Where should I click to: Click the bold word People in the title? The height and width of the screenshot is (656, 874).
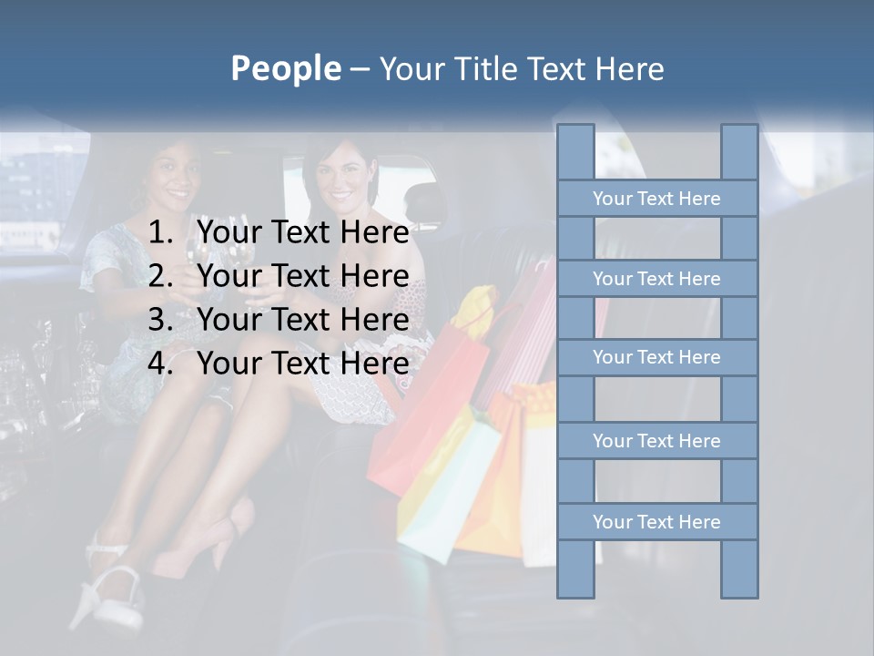click(285, 69)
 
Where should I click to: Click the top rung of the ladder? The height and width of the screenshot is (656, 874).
click(656, 199)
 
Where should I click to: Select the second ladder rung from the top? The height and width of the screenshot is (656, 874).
click(656, 279)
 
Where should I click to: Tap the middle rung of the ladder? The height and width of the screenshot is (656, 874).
click(656, 357)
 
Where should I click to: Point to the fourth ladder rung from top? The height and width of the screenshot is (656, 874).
click(656, 441)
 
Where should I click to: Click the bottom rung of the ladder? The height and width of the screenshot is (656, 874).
click(656, 522)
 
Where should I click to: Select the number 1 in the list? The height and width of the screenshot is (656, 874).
click(159, 233)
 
